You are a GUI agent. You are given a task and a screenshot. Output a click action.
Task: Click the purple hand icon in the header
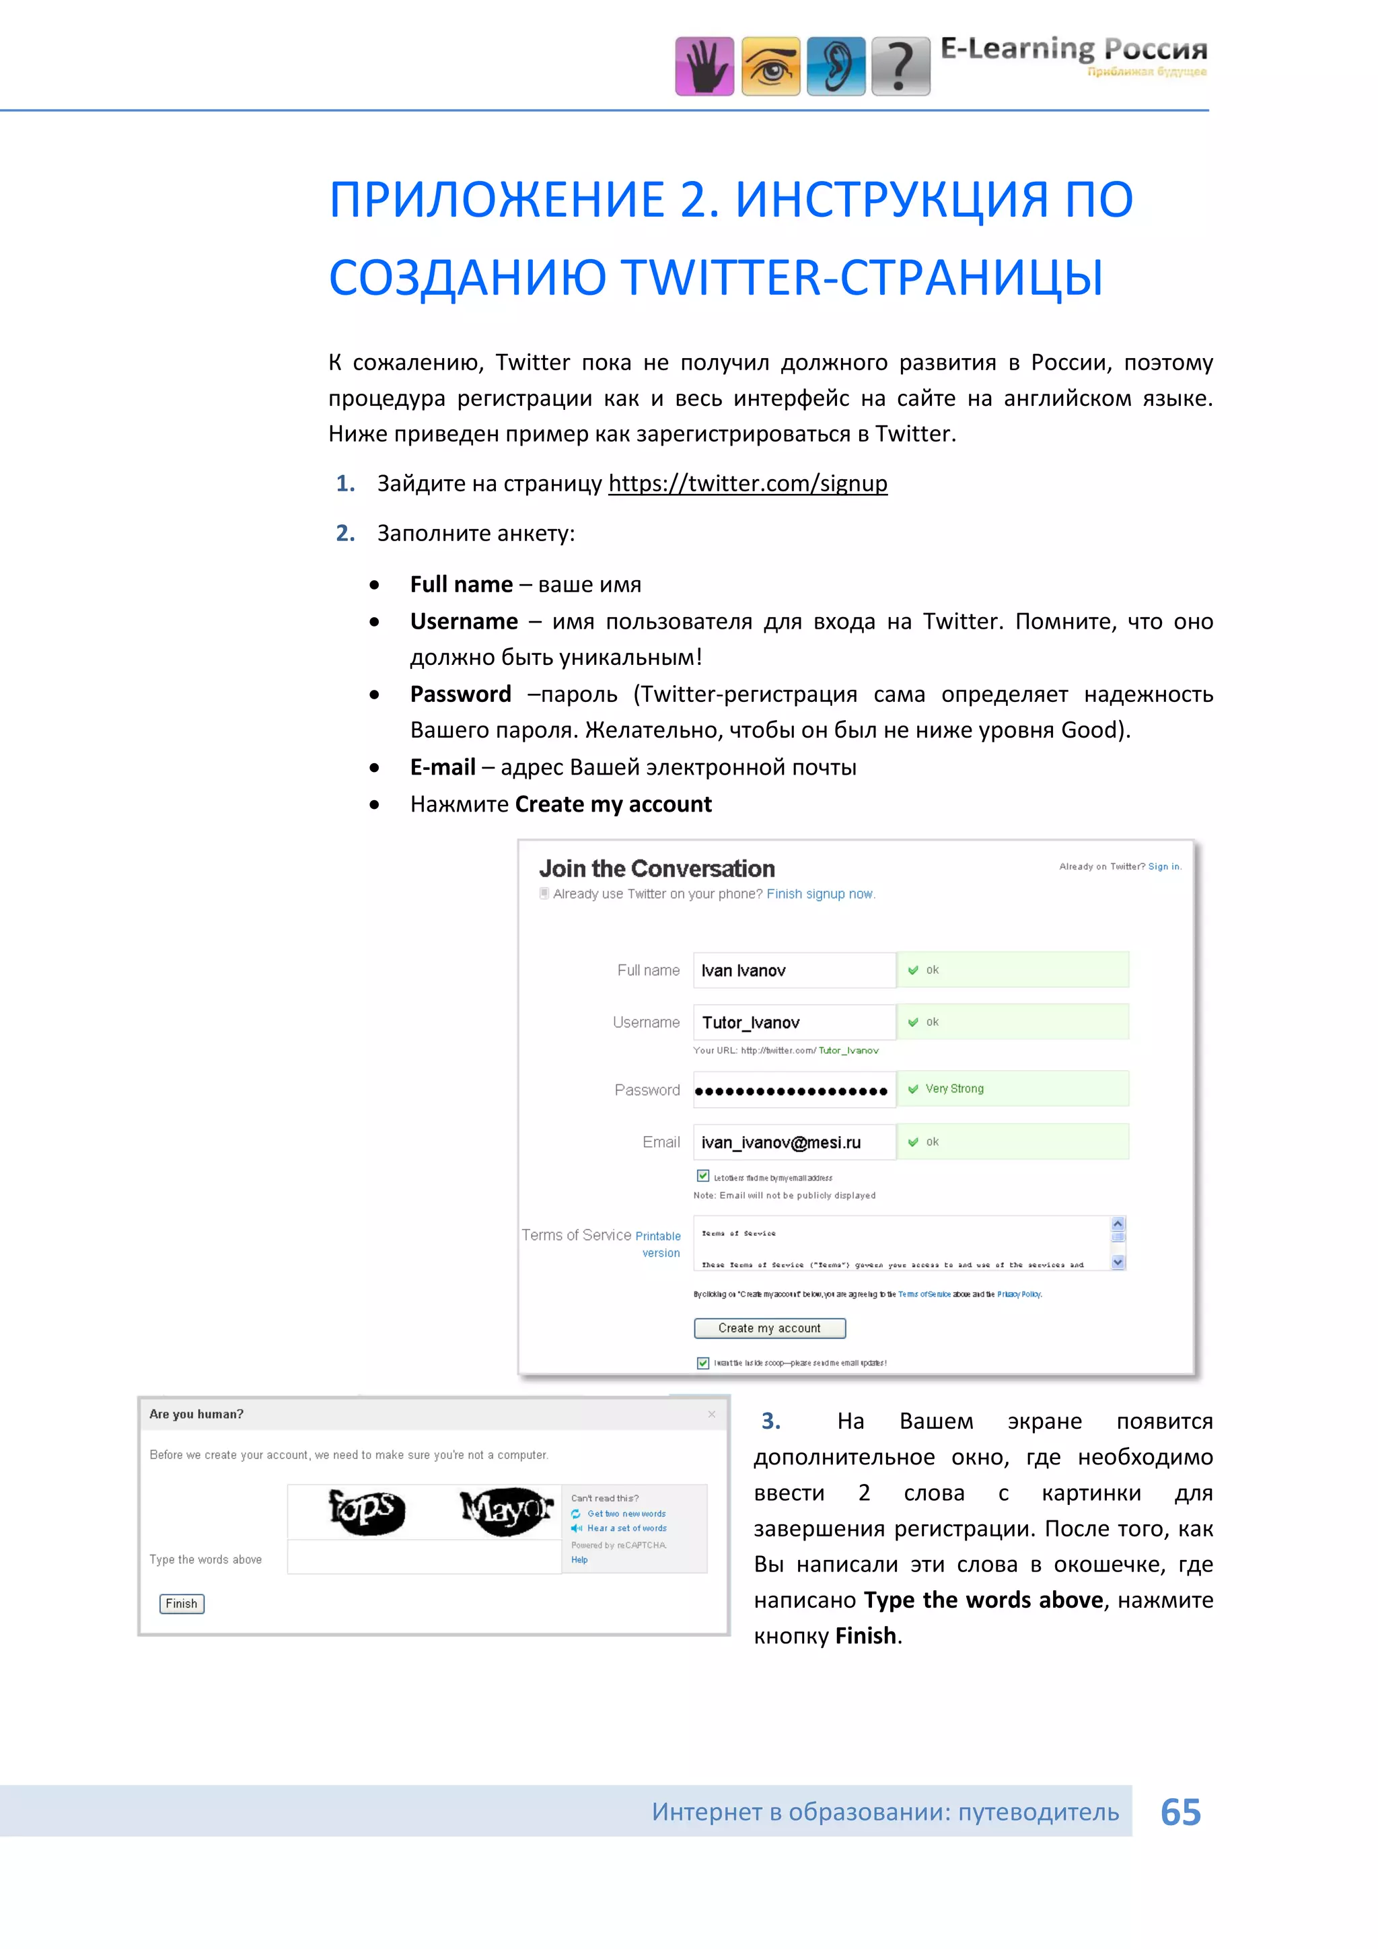pos(704,66)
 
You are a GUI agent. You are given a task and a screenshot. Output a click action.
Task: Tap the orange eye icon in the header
pos(770,66)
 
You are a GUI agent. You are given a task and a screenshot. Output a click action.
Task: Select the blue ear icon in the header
pos(836,66)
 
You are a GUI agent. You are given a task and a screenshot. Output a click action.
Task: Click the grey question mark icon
pos(901,66)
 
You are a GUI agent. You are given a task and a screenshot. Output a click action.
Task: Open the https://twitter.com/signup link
pos(748,484)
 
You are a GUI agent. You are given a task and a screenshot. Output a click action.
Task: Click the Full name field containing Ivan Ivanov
pos(794,970)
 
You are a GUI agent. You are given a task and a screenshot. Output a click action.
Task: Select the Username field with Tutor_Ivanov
pos(794,1022)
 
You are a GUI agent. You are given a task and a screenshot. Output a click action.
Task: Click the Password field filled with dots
pos(794,1090)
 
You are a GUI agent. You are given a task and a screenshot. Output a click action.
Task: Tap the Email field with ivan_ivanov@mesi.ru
pos(794,1143)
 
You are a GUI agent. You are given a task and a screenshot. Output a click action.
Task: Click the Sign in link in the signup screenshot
pos(1163,867)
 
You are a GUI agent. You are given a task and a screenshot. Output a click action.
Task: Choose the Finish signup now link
pos(820,894)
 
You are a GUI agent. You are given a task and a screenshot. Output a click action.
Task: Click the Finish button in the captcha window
pos(182,1604)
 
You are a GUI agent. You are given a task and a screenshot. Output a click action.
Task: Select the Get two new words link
pos(626,1514)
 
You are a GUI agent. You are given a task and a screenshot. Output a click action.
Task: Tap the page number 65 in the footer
pos(1180,1812)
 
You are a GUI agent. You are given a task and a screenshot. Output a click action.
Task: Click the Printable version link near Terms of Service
pos(659,1244)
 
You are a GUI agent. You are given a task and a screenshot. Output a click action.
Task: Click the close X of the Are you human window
pos(712,1414)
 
